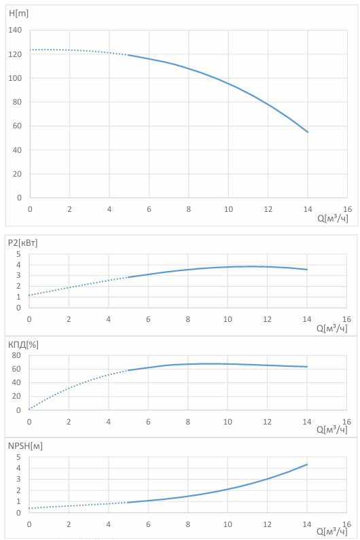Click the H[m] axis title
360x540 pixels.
18,14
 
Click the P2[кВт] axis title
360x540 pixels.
22,242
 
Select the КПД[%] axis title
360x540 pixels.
23,344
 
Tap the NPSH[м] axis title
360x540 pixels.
25,446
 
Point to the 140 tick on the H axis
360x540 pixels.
15,30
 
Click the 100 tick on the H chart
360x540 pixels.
15,78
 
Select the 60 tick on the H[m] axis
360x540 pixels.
17,126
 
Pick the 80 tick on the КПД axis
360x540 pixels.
16,355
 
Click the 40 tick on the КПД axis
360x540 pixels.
16,382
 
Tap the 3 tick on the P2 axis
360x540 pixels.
18,276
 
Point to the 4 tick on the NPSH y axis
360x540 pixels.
18,468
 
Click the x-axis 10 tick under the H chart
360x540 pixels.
228,209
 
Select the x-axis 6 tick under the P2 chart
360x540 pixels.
148,319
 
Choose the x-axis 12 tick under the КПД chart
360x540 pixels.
268,422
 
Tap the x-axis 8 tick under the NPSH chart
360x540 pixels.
187,524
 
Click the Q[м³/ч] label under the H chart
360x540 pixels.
332,218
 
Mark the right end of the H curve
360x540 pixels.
308,132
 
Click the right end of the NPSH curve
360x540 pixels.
307,464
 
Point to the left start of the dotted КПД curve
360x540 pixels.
29,409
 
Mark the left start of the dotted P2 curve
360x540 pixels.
29,295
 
